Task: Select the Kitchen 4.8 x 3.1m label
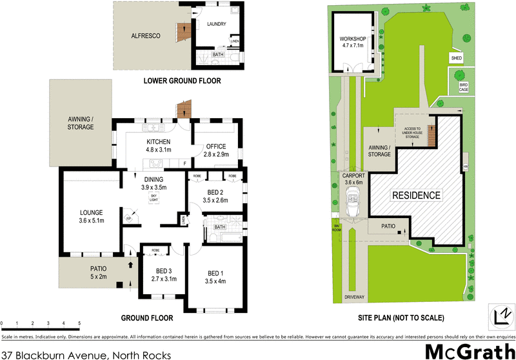(x=158, y=146)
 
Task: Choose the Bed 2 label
(x=216, y=197)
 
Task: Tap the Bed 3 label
(x=158, y=275)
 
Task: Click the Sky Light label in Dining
(x=154, y=198)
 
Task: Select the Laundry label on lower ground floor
(x=216, y=25)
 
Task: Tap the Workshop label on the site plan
(x=353, y=43)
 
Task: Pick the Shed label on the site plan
(x=457, y=58)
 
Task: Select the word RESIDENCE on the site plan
(x=417, y=195)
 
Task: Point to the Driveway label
(x=355, y=297)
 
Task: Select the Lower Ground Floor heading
(x=182, y=81)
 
